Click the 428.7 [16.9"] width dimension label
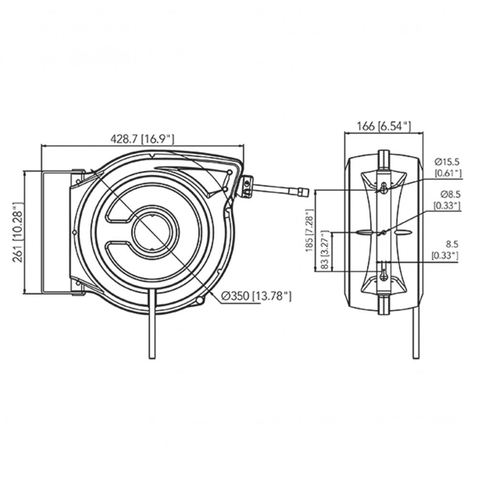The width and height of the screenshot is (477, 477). click(142, 139)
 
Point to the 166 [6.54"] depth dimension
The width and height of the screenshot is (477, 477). click(384, 126)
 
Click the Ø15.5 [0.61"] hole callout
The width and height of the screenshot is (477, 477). click(447, 167)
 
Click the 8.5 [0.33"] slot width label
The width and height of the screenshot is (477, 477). click(445, 251)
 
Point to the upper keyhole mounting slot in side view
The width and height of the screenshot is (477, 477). click(384, 188)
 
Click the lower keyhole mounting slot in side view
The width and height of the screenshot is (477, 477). click(384, 274)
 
